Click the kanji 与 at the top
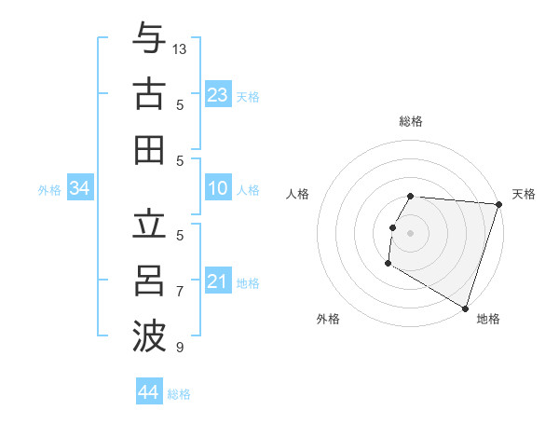pos(149,38)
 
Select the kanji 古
pos(149,93)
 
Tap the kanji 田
pos(149,149)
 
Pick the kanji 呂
pos(149,281)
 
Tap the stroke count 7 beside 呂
pos(180,292)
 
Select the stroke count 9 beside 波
pos(180,348)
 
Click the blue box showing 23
pos(217,95)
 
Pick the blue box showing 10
pos(217,189)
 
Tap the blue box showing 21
pos(217,282)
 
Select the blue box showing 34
pos(79,189)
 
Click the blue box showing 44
pos(148,392)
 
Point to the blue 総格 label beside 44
pos(179,394)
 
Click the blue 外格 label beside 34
pos(49,190)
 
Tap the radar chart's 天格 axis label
pos(524,194)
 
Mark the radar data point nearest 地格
pos(465,308)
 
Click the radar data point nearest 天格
pos(498,204)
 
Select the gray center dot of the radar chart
pos(410,232)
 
